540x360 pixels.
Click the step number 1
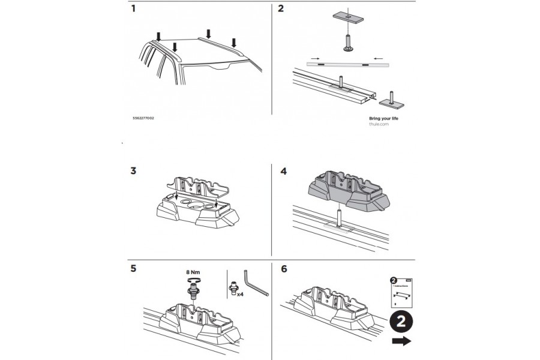pos(133,9)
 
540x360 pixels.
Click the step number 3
pos(133,171)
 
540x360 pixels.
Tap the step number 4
pos(284,171)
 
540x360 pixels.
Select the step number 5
pos(133,269)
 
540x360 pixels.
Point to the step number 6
pos(284,269)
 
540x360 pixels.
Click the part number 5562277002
pos(147,119)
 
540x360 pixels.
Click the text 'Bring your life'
pos(383,119)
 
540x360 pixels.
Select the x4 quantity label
pos(240,295)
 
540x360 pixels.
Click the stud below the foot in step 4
pos(340,216)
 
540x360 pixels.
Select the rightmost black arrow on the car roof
pos(235,43)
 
